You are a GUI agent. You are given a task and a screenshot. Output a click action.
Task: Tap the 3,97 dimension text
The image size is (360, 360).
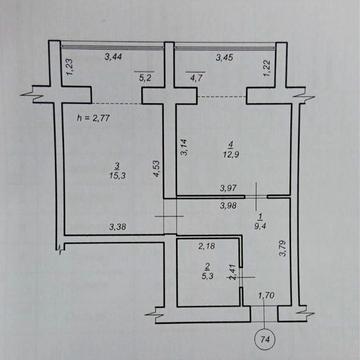click(x=231, y=188)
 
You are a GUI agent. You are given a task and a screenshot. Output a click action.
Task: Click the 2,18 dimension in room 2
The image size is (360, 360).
click(x=207, y=246)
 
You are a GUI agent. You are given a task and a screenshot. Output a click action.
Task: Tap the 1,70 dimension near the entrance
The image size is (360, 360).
click(x=267, y=295)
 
